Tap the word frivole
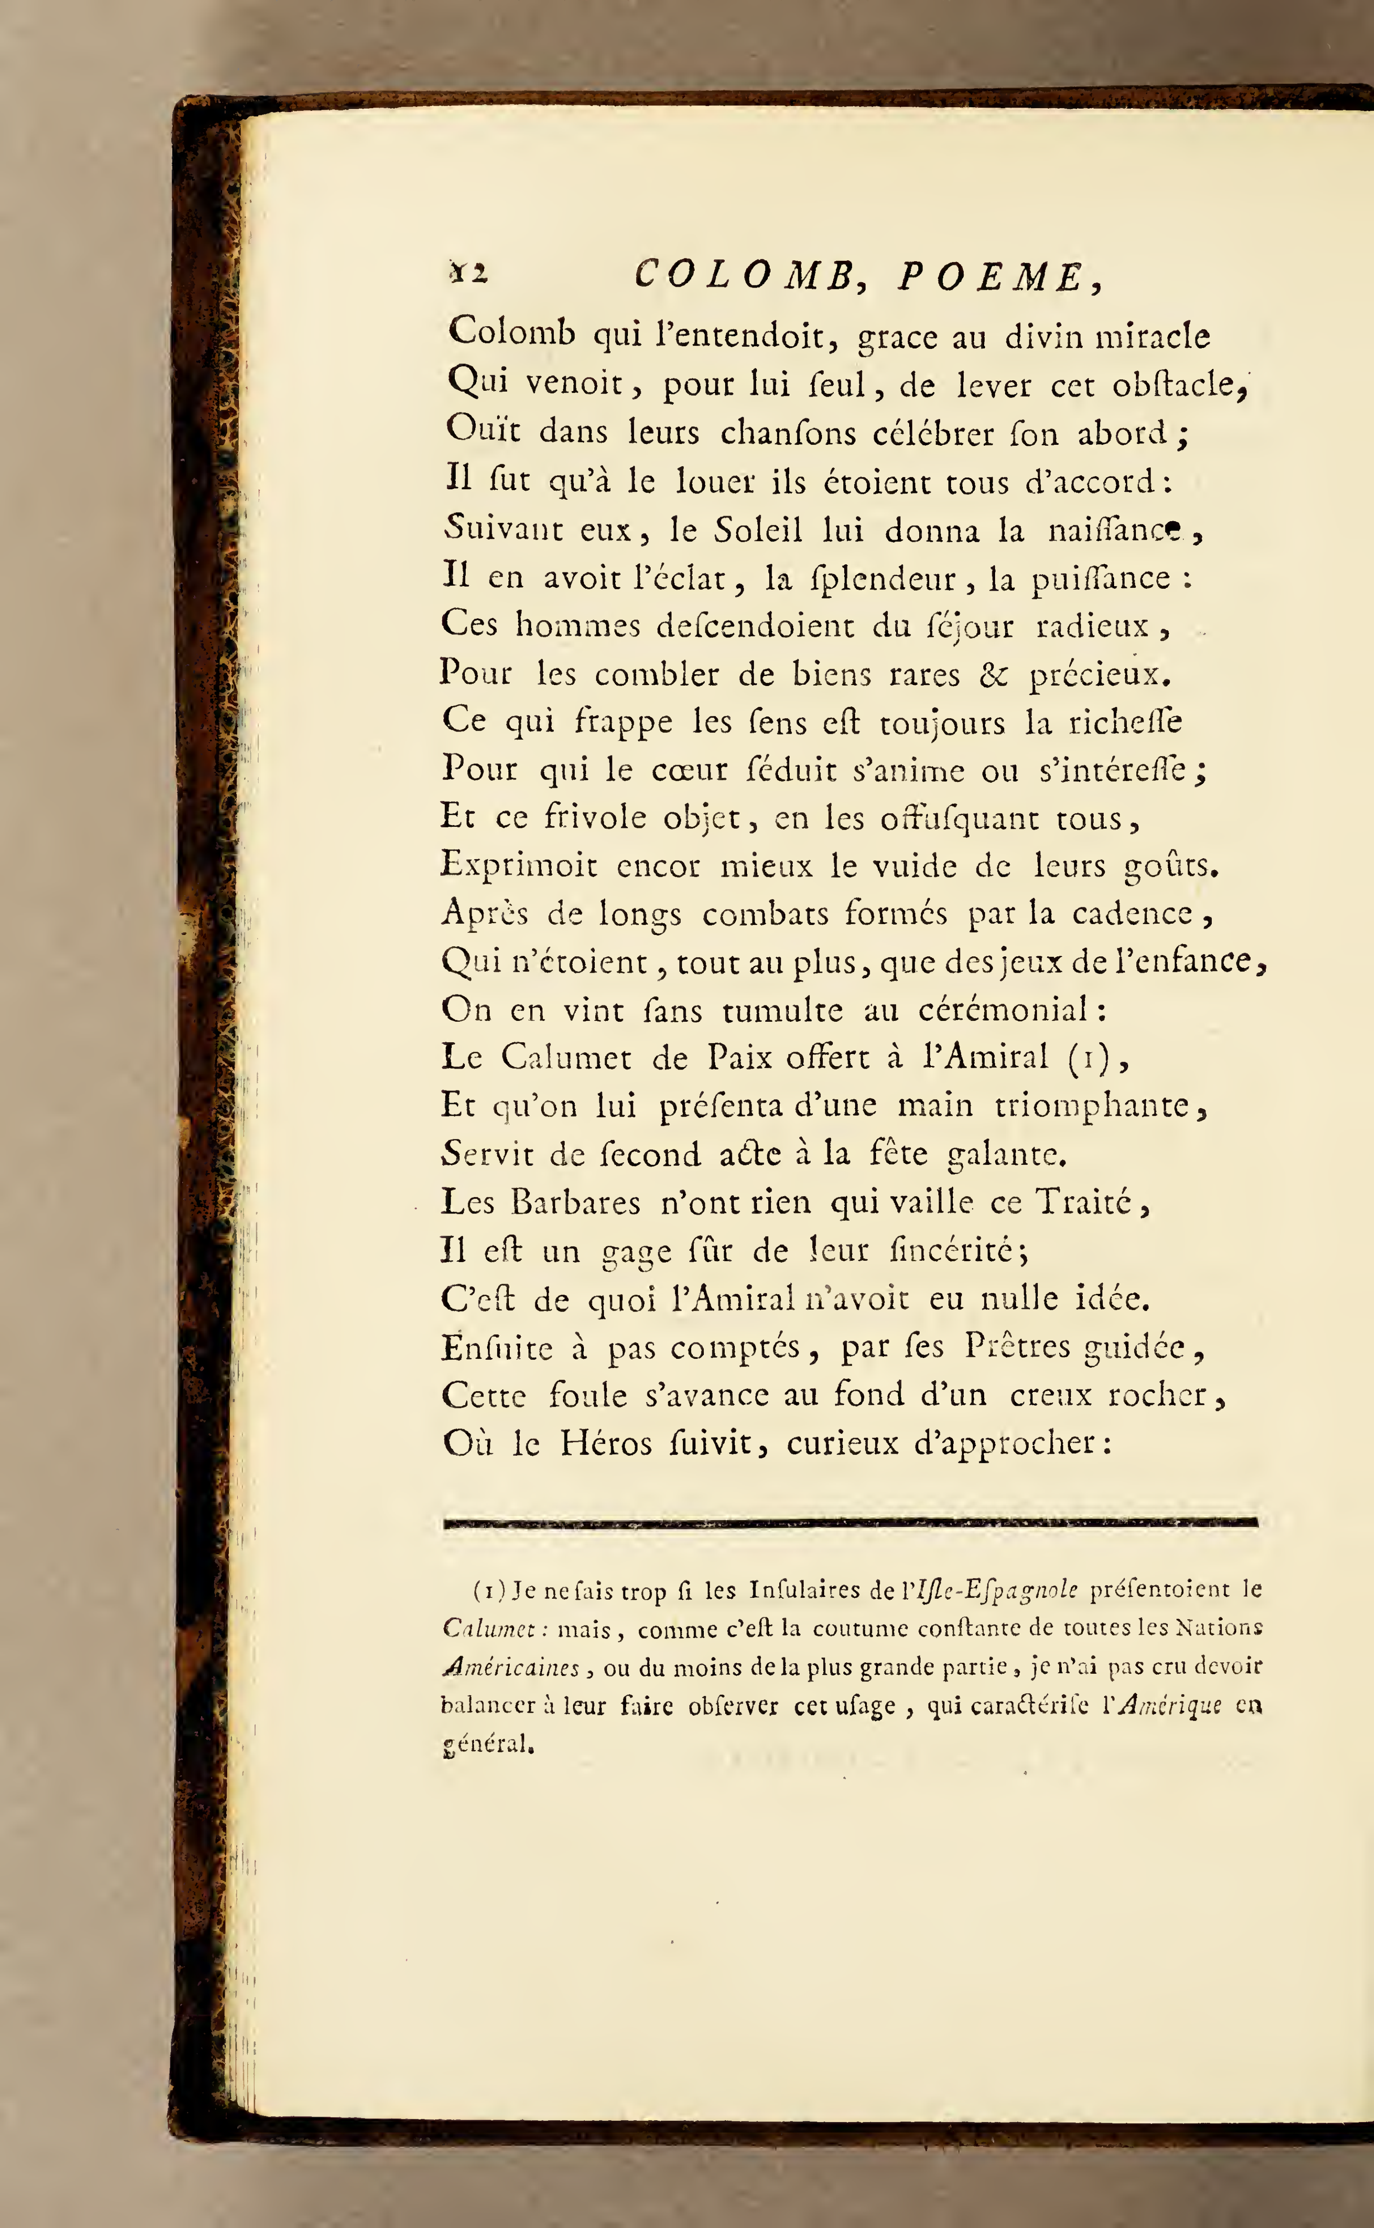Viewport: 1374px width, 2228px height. pyautogui.click(x=595, y=817)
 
